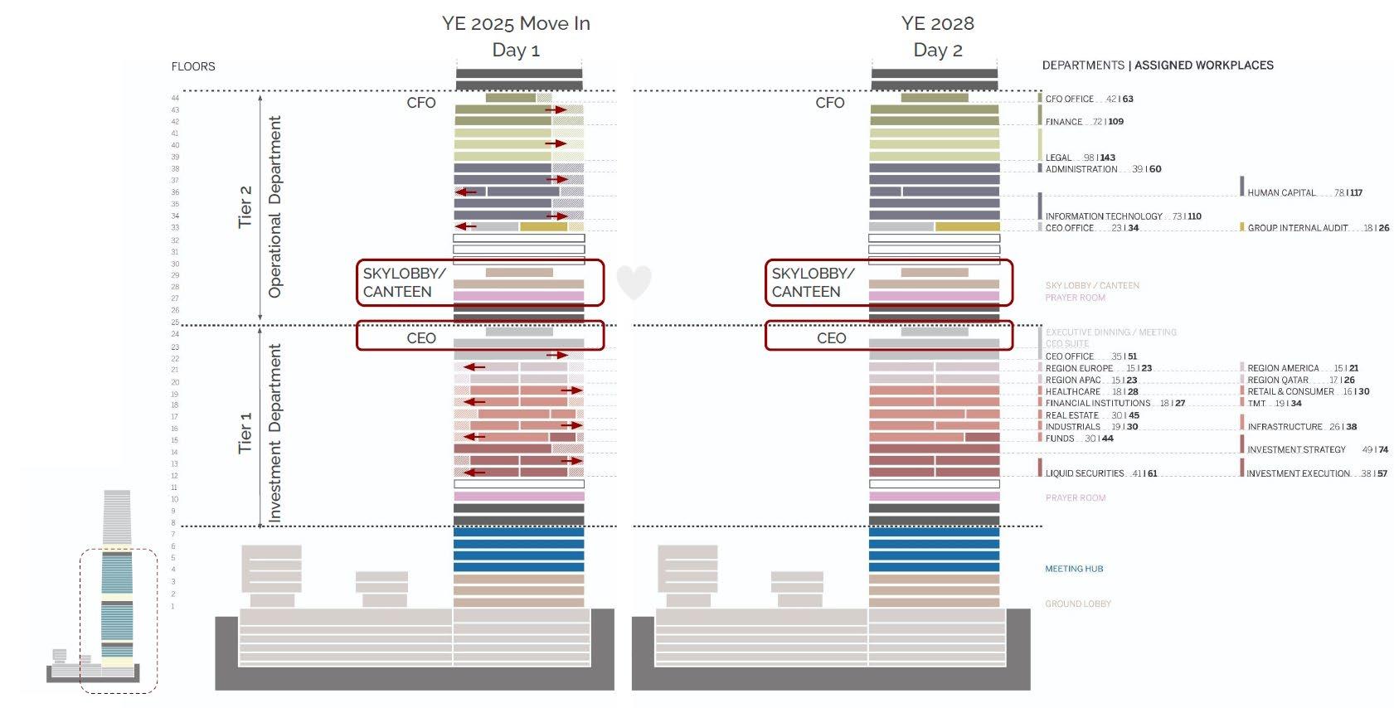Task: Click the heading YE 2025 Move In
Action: coord(516,23)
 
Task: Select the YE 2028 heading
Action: coord(937,23)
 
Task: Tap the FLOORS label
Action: coord(193,66)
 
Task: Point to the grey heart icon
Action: coord(634,282)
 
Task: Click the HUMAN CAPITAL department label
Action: coord(1281,192)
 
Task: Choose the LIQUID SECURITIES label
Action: coord(1084,473)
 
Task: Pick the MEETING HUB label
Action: coord(1074,569)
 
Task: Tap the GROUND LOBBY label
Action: coord(1078,604)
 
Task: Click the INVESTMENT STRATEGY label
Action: coord(1296,449)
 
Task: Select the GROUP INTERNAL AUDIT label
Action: coord(1298,228)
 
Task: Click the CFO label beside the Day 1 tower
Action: coord(421,103)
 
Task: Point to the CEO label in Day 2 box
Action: coord(831,338)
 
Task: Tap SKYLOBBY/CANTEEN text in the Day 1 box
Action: coord(404,282)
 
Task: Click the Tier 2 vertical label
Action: coord(245,206)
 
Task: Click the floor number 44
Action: coord(175,98)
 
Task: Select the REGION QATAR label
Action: coord(1278,380)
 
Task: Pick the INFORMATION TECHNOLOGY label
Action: coord(1104,216)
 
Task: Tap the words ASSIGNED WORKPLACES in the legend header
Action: coord(1203,65)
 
